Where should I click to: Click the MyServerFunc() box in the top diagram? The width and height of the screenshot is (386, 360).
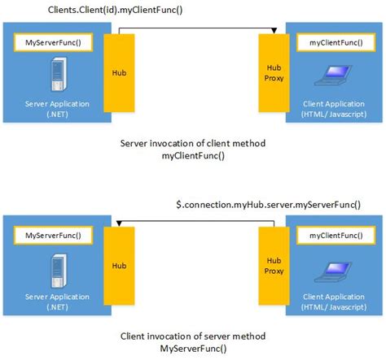[x=48, y=41]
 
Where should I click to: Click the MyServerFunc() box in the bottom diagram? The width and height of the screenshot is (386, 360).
[x=48, y=236]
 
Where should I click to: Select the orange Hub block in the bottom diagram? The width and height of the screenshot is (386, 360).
[x=119, y=266]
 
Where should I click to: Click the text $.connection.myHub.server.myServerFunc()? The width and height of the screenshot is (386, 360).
[x=268, y=204]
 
